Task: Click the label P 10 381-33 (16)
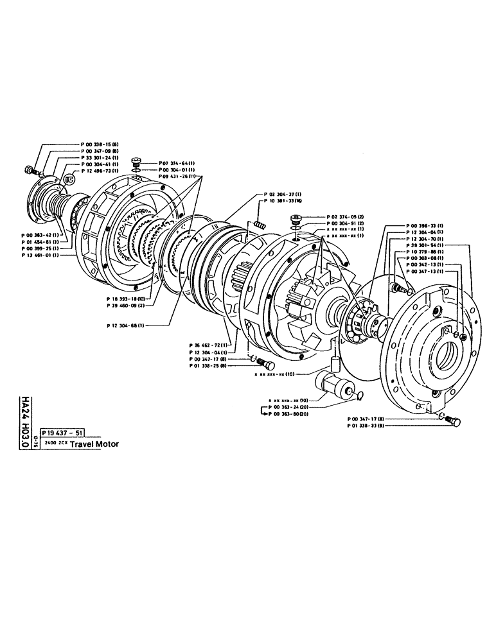281,200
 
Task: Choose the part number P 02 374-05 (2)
344,217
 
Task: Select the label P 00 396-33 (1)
424,226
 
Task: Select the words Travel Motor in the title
94,444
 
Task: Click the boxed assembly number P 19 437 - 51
61,433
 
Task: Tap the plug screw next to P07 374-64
136,162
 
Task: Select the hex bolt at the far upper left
30,169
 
